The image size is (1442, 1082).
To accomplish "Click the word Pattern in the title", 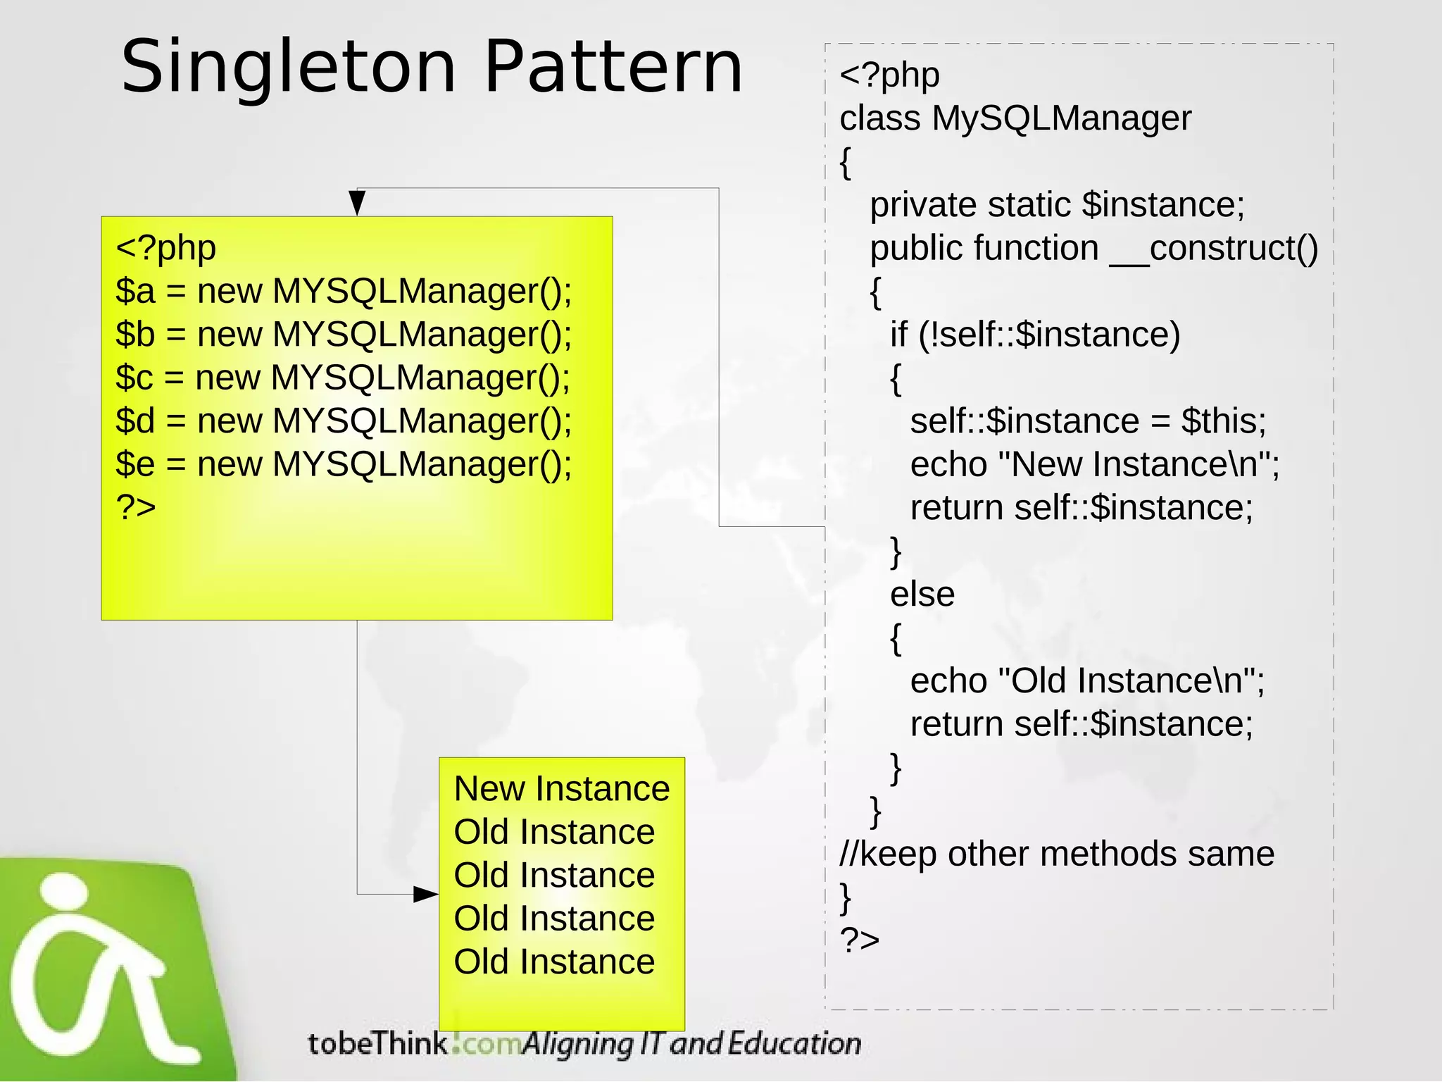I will tap(613, 66).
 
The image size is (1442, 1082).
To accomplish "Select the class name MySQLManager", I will tap(1061, 118).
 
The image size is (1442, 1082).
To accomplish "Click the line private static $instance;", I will tap(1057, 205).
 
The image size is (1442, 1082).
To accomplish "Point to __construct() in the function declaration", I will tap(1213, 249).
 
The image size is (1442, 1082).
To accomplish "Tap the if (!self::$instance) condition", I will tap(1034, 335).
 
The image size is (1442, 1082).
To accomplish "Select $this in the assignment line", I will tap(1223, 421).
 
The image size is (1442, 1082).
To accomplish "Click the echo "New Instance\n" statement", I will tap(1094, 465).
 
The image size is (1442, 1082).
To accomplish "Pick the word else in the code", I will tap(922, 595).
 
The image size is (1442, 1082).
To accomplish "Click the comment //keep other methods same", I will tap(1056, 854).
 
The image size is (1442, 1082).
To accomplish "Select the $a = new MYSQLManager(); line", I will tap(344, 292).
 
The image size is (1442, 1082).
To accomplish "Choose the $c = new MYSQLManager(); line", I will tap(343, 378).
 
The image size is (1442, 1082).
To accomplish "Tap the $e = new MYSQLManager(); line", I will tap(344, 465).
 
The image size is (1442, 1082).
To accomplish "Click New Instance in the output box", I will tap(561, 789).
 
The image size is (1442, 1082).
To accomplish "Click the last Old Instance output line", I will tap(554, 962).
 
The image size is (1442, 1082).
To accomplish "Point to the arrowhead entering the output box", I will tap(426, 895).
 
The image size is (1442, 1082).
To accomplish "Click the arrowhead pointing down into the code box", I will tap(357, 203).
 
